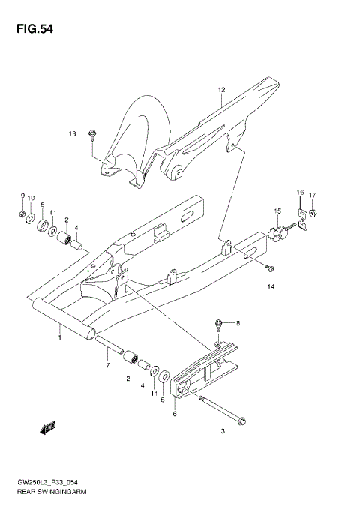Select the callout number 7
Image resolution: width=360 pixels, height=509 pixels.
[x=107, y=365]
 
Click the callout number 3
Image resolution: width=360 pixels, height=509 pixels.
[x=223, y=432]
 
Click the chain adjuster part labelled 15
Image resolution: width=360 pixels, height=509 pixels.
[x=280, y=232]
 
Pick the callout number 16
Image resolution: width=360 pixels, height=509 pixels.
[x=299, y=193]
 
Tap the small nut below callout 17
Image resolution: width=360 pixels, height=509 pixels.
[x=313, y=214]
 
